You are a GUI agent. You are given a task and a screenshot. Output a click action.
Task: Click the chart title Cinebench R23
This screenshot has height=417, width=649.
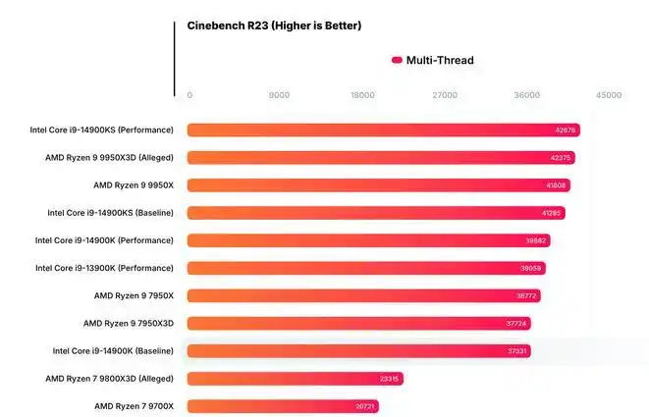point(274,26)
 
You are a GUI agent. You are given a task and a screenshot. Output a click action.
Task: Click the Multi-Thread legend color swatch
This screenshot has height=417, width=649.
point(397,61)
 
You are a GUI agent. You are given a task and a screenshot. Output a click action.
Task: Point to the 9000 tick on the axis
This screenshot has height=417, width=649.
point(279,95)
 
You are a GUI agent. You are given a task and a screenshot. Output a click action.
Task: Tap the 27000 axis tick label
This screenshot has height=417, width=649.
point(445,95)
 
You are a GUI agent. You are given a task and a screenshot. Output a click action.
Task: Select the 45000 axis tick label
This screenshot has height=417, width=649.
point(609,95)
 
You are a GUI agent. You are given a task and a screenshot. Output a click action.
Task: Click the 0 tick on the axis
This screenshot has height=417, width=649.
point(189,95)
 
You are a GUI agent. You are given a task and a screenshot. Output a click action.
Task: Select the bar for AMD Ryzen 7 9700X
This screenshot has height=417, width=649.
point(283,406)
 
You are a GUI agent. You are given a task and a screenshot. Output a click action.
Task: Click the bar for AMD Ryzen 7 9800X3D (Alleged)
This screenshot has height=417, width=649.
point(295,379)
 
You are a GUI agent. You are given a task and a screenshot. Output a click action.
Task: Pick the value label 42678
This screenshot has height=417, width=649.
point(567,130)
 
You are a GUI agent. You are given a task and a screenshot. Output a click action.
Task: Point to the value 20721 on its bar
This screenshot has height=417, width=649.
point(365,406)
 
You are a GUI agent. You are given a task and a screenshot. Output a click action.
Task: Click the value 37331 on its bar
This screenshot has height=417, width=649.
point(517,351)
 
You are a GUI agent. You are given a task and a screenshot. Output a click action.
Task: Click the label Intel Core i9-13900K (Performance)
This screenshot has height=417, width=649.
point(104,268)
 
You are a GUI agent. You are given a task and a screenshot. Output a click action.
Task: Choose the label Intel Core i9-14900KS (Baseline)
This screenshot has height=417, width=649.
point(110,213)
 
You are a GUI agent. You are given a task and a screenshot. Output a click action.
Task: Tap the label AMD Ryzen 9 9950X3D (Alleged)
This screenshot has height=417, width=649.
point(109,158)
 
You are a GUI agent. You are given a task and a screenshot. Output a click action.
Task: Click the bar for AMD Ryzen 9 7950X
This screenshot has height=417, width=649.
point(363,295)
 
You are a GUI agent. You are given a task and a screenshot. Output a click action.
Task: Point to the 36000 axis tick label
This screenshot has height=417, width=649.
point(527,95)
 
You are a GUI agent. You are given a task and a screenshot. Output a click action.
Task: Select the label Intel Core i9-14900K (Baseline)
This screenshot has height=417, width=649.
point(113,351)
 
